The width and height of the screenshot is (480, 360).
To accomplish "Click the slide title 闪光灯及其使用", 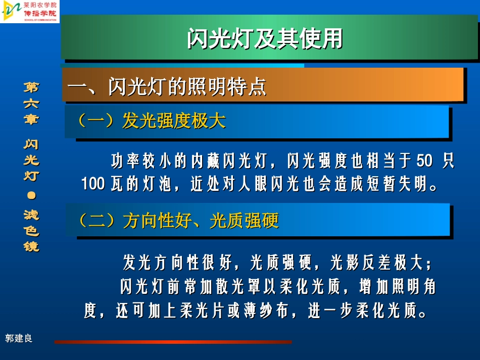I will tap(265, 39).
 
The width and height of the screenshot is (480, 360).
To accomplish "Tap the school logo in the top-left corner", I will tap(30, 12).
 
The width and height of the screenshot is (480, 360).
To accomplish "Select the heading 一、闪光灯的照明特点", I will tap(167, 87).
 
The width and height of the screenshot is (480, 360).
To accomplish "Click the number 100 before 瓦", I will tap(92, 184).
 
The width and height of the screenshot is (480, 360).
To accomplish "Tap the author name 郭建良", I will tap(19, 338).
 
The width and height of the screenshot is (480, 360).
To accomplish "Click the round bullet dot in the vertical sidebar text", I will tap(31, 195).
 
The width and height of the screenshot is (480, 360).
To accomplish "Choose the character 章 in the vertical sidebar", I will tap(31, 120).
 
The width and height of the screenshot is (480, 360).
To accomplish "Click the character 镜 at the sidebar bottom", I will tap(31, 247).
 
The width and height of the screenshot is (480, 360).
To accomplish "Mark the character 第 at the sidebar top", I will tap(31, 87).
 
